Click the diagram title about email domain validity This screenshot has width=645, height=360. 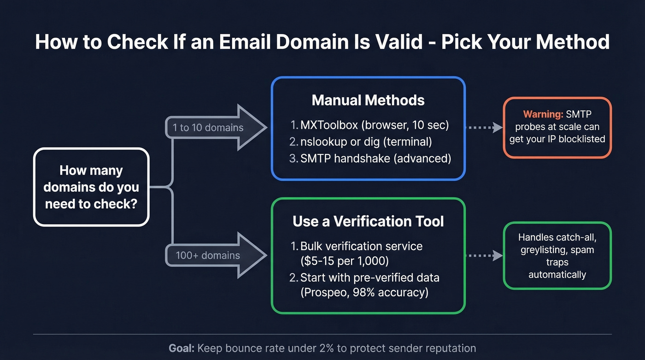coord(322,42)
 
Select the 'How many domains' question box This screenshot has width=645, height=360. coord(91,187)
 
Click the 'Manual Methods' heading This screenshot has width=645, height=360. coord(368,100)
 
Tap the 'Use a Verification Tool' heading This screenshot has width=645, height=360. coord(368,221)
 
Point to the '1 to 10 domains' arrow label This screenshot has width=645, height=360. coord(208,128)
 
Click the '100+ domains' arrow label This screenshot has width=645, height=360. coord(208,255)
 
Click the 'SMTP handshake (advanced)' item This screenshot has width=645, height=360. coord(370,158)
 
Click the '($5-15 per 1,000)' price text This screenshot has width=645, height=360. coord(345,261)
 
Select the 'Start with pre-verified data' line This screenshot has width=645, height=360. coord(369,277)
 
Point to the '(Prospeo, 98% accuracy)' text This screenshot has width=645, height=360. coord(364,292)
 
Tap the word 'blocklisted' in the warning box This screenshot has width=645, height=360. coord(577,139)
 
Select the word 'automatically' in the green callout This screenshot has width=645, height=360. coord(557,275)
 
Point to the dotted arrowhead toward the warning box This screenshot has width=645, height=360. coord(497,128)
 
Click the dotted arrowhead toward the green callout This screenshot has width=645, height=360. coord(497,255)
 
